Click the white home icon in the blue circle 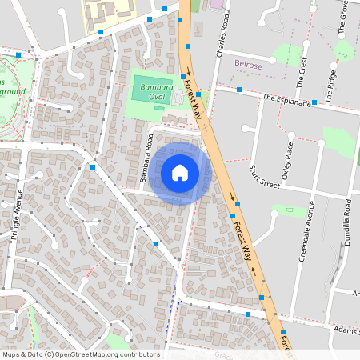coord(180,173)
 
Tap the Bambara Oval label coord(146,88)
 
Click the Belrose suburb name coord(250,63)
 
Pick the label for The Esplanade coord(286,98)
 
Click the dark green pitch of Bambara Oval coord(146,94)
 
